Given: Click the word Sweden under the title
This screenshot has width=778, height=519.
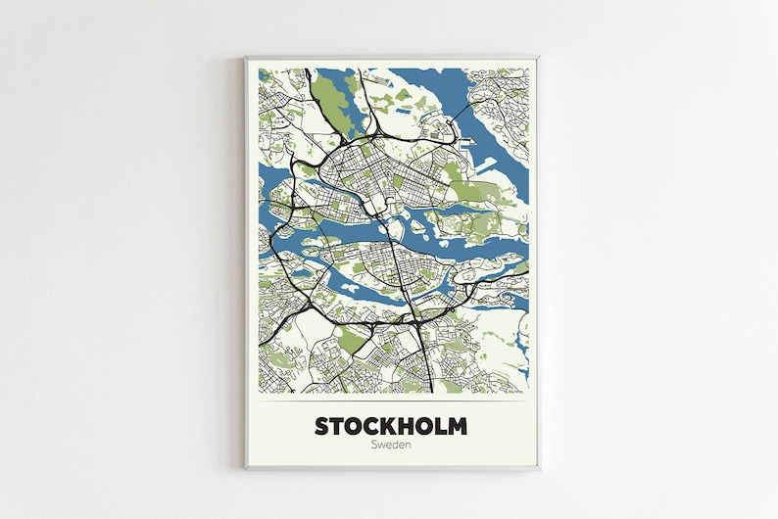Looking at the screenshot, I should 391,446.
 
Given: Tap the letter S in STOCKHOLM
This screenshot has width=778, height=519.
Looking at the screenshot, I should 322,427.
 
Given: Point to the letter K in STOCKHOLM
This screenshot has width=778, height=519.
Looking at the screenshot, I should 384,427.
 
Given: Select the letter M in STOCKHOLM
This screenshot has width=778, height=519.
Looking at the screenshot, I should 456,427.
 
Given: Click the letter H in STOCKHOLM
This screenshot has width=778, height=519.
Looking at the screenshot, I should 402,427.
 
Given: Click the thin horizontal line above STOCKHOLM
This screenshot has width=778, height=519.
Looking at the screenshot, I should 391,402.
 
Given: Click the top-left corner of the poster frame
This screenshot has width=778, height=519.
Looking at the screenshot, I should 247,58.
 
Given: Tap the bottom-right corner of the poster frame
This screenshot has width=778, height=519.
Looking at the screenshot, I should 538,468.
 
